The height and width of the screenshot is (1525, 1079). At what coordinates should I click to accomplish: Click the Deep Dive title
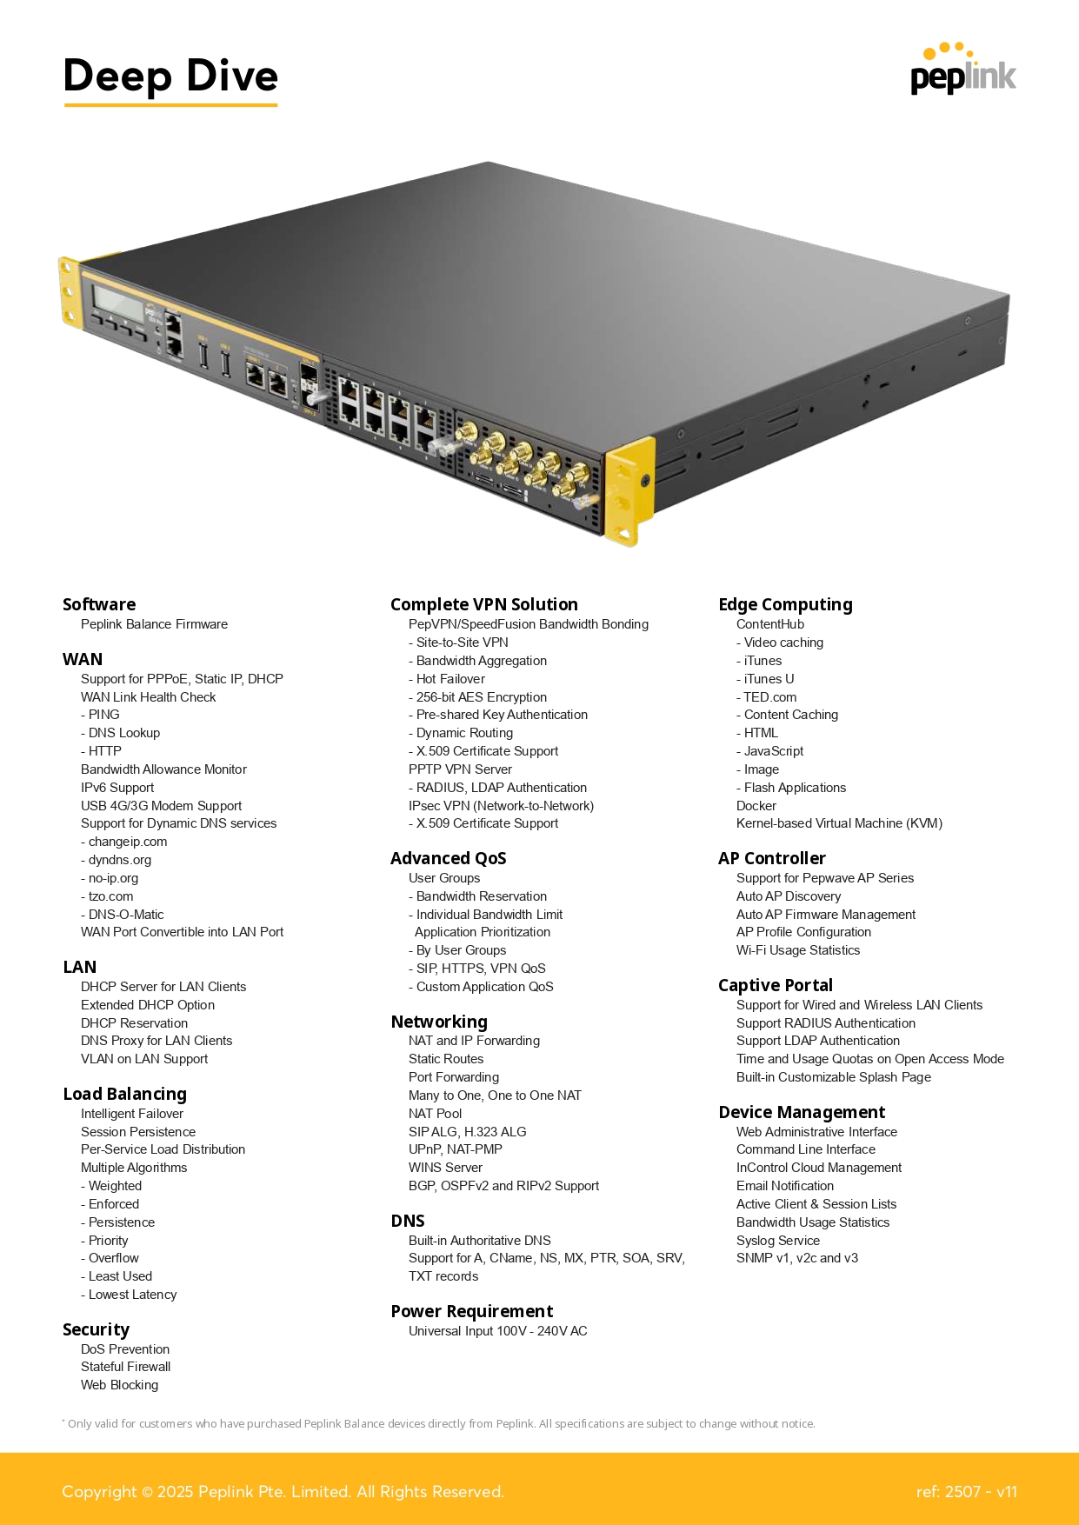tap(170, 76)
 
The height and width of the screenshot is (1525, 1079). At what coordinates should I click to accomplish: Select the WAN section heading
tap(83, 659)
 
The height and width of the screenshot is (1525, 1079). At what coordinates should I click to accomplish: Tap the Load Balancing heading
tap(125, 1094)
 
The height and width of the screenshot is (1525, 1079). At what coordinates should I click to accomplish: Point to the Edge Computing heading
tap(785, 605)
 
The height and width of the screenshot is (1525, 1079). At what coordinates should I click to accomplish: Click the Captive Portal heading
tap(776, 985)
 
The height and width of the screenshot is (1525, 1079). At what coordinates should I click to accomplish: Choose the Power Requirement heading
tap(472, 1311)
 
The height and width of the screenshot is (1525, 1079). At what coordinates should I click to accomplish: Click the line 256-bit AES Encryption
tap(477, 697)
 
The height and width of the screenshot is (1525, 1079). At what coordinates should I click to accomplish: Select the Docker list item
tap(756, 806)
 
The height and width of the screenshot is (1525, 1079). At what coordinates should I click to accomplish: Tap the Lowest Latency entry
tap(129, 1295)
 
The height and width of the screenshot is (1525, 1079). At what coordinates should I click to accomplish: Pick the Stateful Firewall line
tap(126, 1367)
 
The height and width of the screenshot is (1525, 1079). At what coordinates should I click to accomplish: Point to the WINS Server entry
tap(445, 1168)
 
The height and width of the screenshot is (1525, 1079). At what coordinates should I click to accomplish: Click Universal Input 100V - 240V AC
tap(498, 1331)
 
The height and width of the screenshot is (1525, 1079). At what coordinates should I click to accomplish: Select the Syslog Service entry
tap(778, 1241)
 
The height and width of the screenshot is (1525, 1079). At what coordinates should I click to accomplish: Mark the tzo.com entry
tap(107, 896)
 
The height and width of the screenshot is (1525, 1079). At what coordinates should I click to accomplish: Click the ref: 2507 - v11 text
tap(966, 1492)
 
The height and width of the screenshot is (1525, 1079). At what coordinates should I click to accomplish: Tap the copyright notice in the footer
tap(283, 1492)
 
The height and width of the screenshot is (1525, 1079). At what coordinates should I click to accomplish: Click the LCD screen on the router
tap(119, 303)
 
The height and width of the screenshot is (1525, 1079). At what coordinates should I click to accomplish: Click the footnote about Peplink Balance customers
tap(438, 1423)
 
